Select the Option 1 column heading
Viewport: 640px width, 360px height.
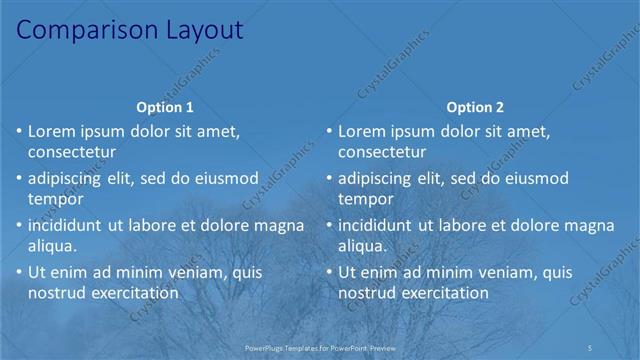tap(165, 107)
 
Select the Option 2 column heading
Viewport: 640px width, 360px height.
tap(476, 107)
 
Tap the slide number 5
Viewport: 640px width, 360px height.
tap(592, 346)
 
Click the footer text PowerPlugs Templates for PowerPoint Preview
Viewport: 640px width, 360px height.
tap(320, 346)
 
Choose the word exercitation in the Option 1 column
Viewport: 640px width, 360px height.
tap(135, 293)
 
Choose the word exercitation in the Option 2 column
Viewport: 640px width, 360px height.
tap(445, 293)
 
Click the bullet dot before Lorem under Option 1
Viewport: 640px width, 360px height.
tap(19, 131)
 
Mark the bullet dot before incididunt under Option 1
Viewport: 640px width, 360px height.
tap(19, 225)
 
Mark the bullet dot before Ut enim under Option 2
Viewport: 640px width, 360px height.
tap(329, 272)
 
